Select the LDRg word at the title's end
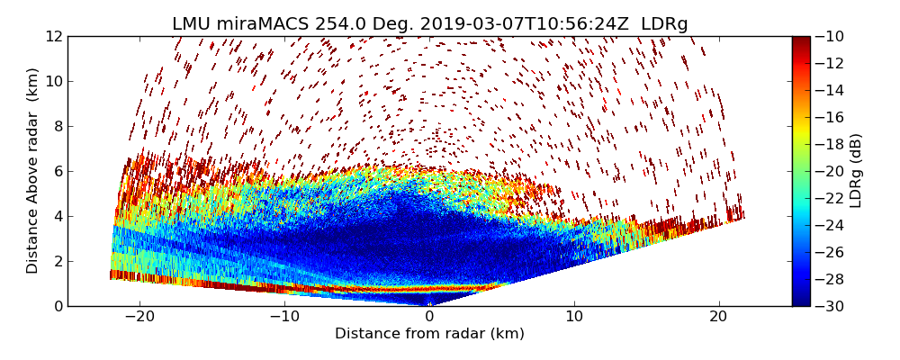coord(664,24)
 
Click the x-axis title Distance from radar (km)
coord(429,334)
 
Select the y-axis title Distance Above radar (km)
coord(33,170)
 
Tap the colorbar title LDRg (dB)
coord(856,170)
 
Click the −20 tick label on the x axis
coord(139,317)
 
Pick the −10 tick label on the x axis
coord(284,317)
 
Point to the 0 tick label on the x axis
coord(429,317)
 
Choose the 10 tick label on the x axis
coord(574,317)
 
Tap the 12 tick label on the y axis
coord(55,36)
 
